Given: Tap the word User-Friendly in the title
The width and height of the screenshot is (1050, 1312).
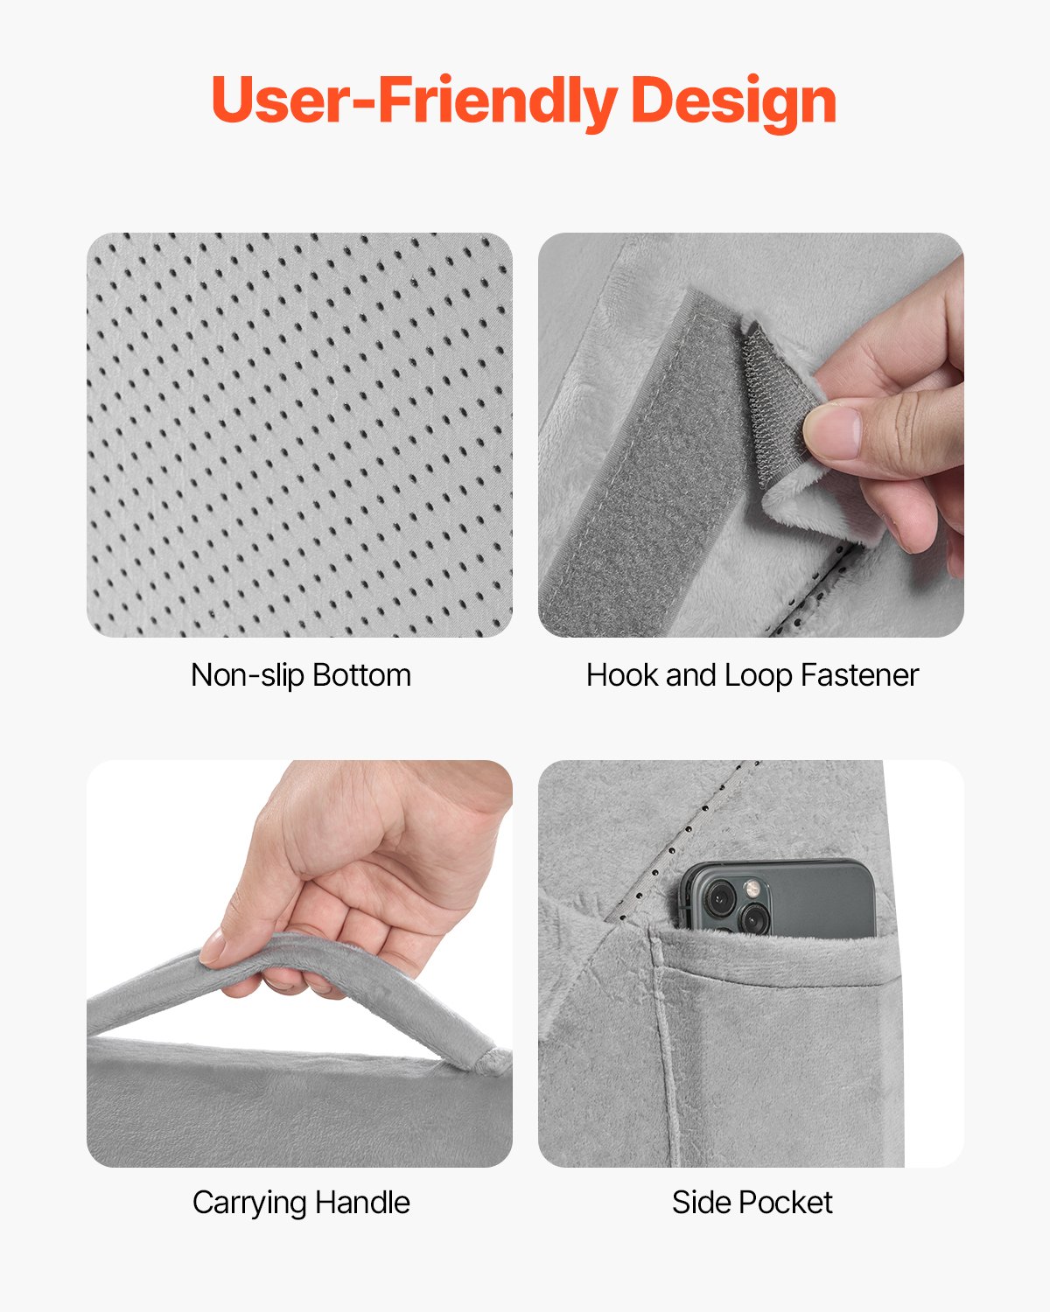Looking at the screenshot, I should coord(415,100).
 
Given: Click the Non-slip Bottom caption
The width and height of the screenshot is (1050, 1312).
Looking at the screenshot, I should coord(300,675).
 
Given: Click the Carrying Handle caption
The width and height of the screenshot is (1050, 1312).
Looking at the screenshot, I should coord(300,1203).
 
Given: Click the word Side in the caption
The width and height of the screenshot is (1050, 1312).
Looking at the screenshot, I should coord(695,1203).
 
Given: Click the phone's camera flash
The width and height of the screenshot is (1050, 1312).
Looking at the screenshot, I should coord(751,890).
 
